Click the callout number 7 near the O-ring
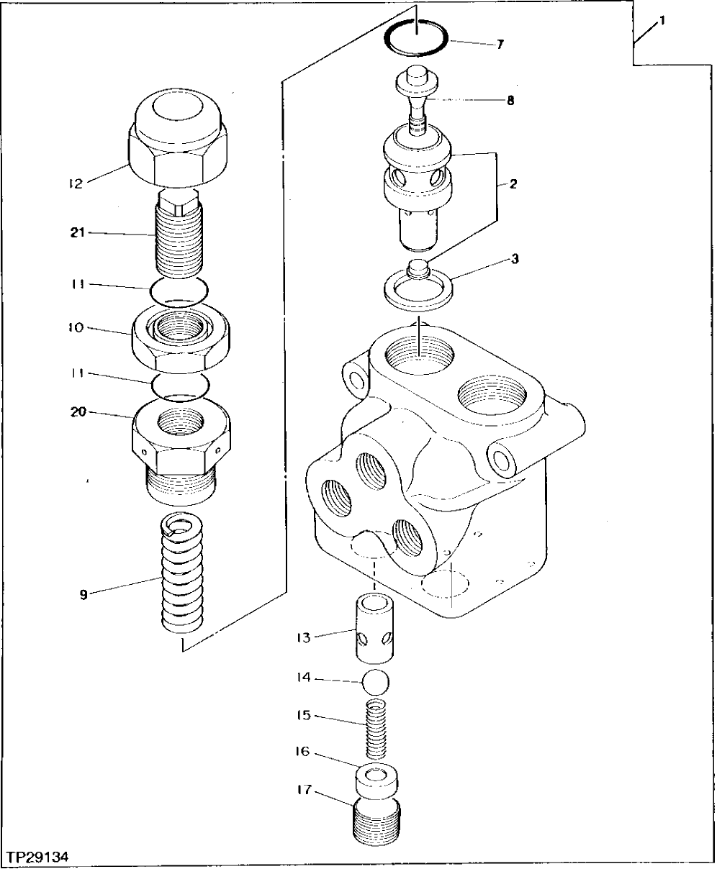[500, 45]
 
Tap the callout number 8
[510, 101]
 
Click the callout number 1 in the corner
[662, 21]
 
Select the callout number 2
[513, 184]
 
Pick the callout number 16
[302, 752]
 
